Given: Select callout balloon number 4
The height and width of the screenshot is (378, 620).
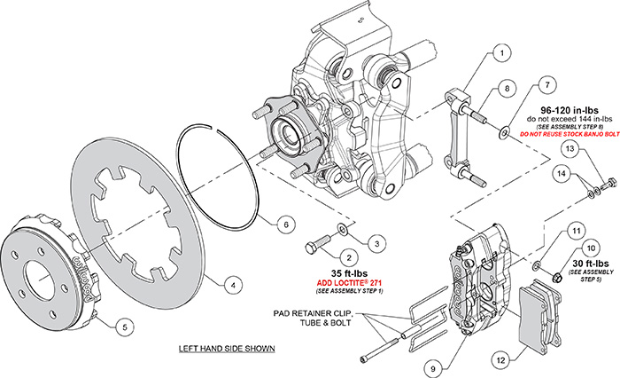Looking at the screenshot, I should [x=231, y=285].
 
